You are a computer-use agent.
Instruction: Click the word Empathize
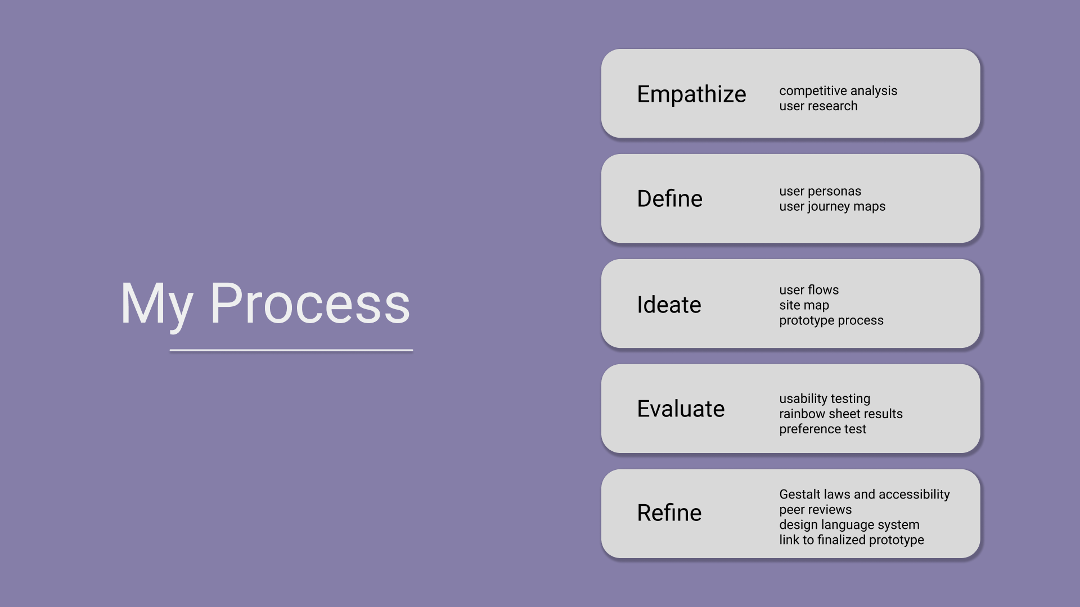click(691, 94)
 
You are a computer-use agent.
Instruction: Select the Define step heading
click(669, 198)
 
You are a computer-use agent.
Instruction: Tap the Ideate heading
click(669, 305)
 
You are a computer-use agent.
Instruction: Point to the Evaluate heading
click(681, 409)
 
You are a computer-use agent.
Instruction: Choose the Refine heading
click(669, 513)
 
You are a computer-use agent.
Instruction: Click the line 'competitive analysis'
click(838, 90)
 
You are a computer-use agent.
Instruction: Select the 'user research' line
click(818, 106)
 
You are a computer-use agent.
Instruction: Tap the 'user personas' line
click(820, 192)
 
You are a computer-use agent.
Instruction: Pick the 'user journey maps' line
click(832, 207)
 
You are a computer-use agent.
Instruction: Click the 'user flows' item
click(809, 290)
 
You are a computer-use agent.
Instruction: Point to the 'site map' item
click(804, 305)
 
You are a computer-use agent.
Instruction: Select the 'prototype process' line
click(831, 320)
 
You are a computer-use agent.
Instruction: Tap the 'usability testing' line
click(825, 399)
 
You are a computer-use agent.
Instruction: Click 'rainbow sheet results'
click(841, 414)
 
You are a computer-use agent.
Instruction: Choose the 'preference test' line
click(823, 429)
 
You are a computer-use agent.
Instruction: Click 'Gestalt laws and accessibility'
click(865, 495)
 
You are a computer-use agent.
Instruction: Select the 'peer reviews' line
click(816, 510)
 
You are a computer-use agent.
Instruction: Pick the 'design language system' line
click(849, 525)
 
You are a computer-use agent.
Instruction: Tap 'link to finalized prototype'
click(852, 540)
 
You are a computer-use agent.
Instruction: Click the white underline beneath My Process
click(291, 350)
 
